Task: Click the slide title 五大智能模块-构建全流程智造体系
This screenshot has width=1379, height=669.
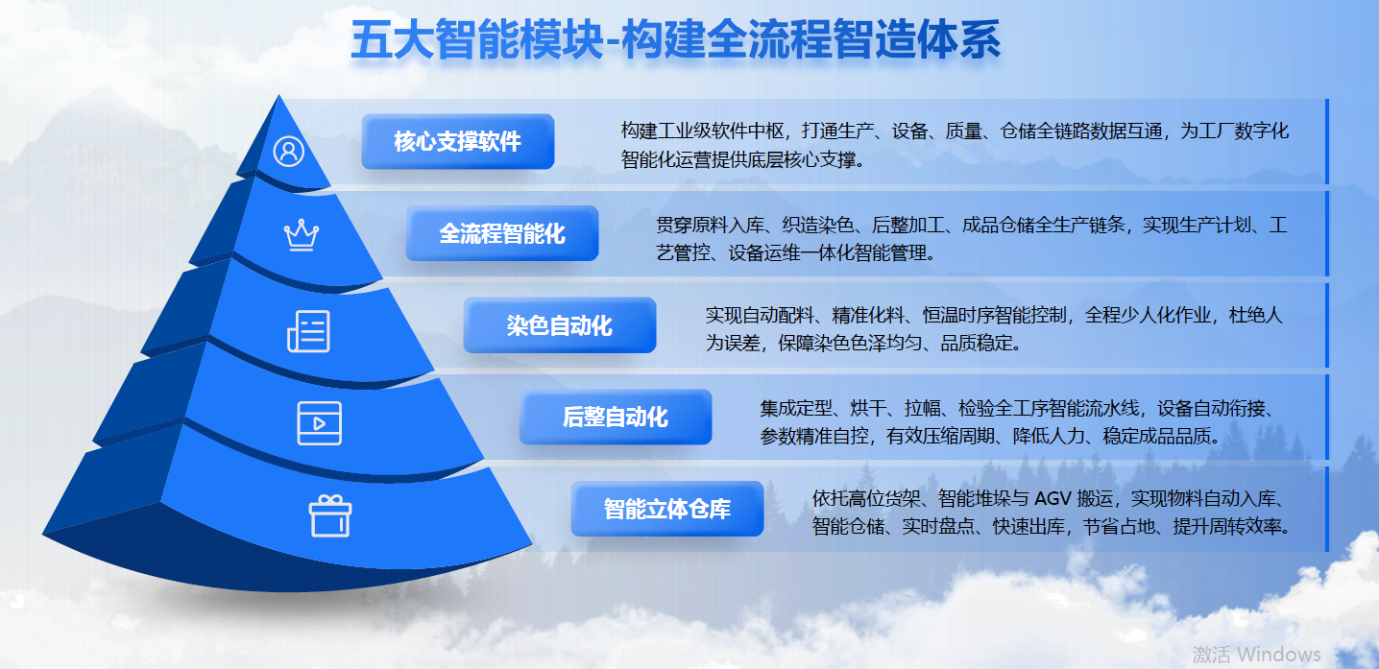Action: click(x=675, y=40)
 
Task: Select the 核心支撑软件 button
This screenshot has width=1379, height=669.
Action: click(x=457, y=141)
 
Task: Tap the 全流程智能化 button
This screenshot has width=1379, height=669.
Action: click(x=501, y=233)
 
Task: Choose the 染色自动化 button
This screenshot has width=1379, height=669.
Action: click(x=560, y=325)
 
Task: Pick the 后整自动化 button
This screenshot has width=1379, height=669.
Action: click(x=616, y=417)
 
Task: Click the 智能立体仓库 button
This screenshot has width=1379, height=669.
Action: click(x=667, y=509)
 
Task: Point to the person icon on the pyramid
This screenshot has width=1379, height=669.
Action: click(x=289, y=152)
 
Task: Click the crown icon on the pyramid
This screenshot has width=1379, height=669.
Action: click(x=301, y=235)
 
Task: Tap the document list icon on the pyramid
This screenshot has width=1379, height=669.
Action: click(x=308, y=331)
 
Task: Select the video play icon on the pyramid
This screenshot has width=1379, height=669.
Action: click(x=320, y=423)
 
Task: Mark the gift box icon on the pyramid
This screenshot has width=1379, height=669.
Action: click(x=330, y=515)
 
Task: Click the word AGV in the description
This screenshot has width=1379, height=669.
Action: click(x=1052, y=498)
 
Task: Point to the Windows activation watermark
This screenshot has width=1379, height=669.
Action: click(x=1256, y=654)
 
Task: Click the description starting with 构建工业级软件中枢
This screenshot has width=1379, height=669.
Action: click(x=955, y=145)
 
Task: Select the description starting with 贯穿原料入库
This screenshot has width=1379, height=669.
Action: click(x=972, y=238)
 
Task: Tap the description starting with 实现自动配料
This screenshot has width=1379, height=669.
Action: click(x=994, y=329)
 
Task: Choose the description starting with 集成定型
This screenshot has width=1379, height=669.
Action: click(x=1018, y=421)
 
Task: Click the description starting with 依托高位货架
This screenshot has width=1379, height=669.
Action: click(x=1052, y=512)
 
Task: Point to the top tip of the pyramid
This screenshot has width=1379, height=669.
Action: click(x=278, y=95)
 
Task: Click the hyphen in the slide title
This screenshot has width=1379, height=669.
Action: click(x=612, y=44)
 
